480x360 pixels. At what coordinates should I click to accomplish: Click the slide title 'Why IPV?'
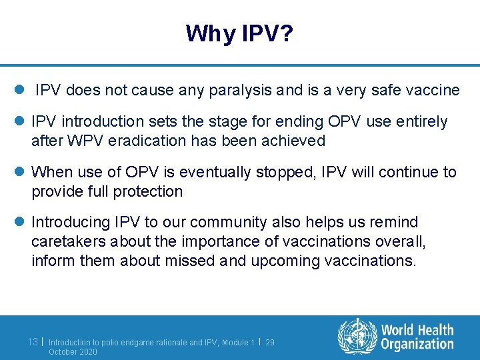point(239,33)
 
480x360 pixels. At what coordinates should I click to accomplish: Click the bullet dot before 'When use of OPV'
point(19,172)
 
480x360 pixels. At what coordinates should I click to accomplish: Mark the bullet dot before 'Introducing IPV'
point(19,222)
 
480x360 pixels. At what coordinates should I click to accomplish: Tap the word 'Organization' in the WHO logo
point(417,344)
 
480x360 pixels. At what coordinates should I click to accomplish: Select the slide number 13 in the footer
point(33,341)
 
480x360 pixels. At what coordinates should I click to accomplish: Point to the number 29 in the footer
point(270,342)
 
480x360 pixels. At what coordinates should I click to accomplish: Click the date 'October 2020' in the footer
point(73,351)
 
